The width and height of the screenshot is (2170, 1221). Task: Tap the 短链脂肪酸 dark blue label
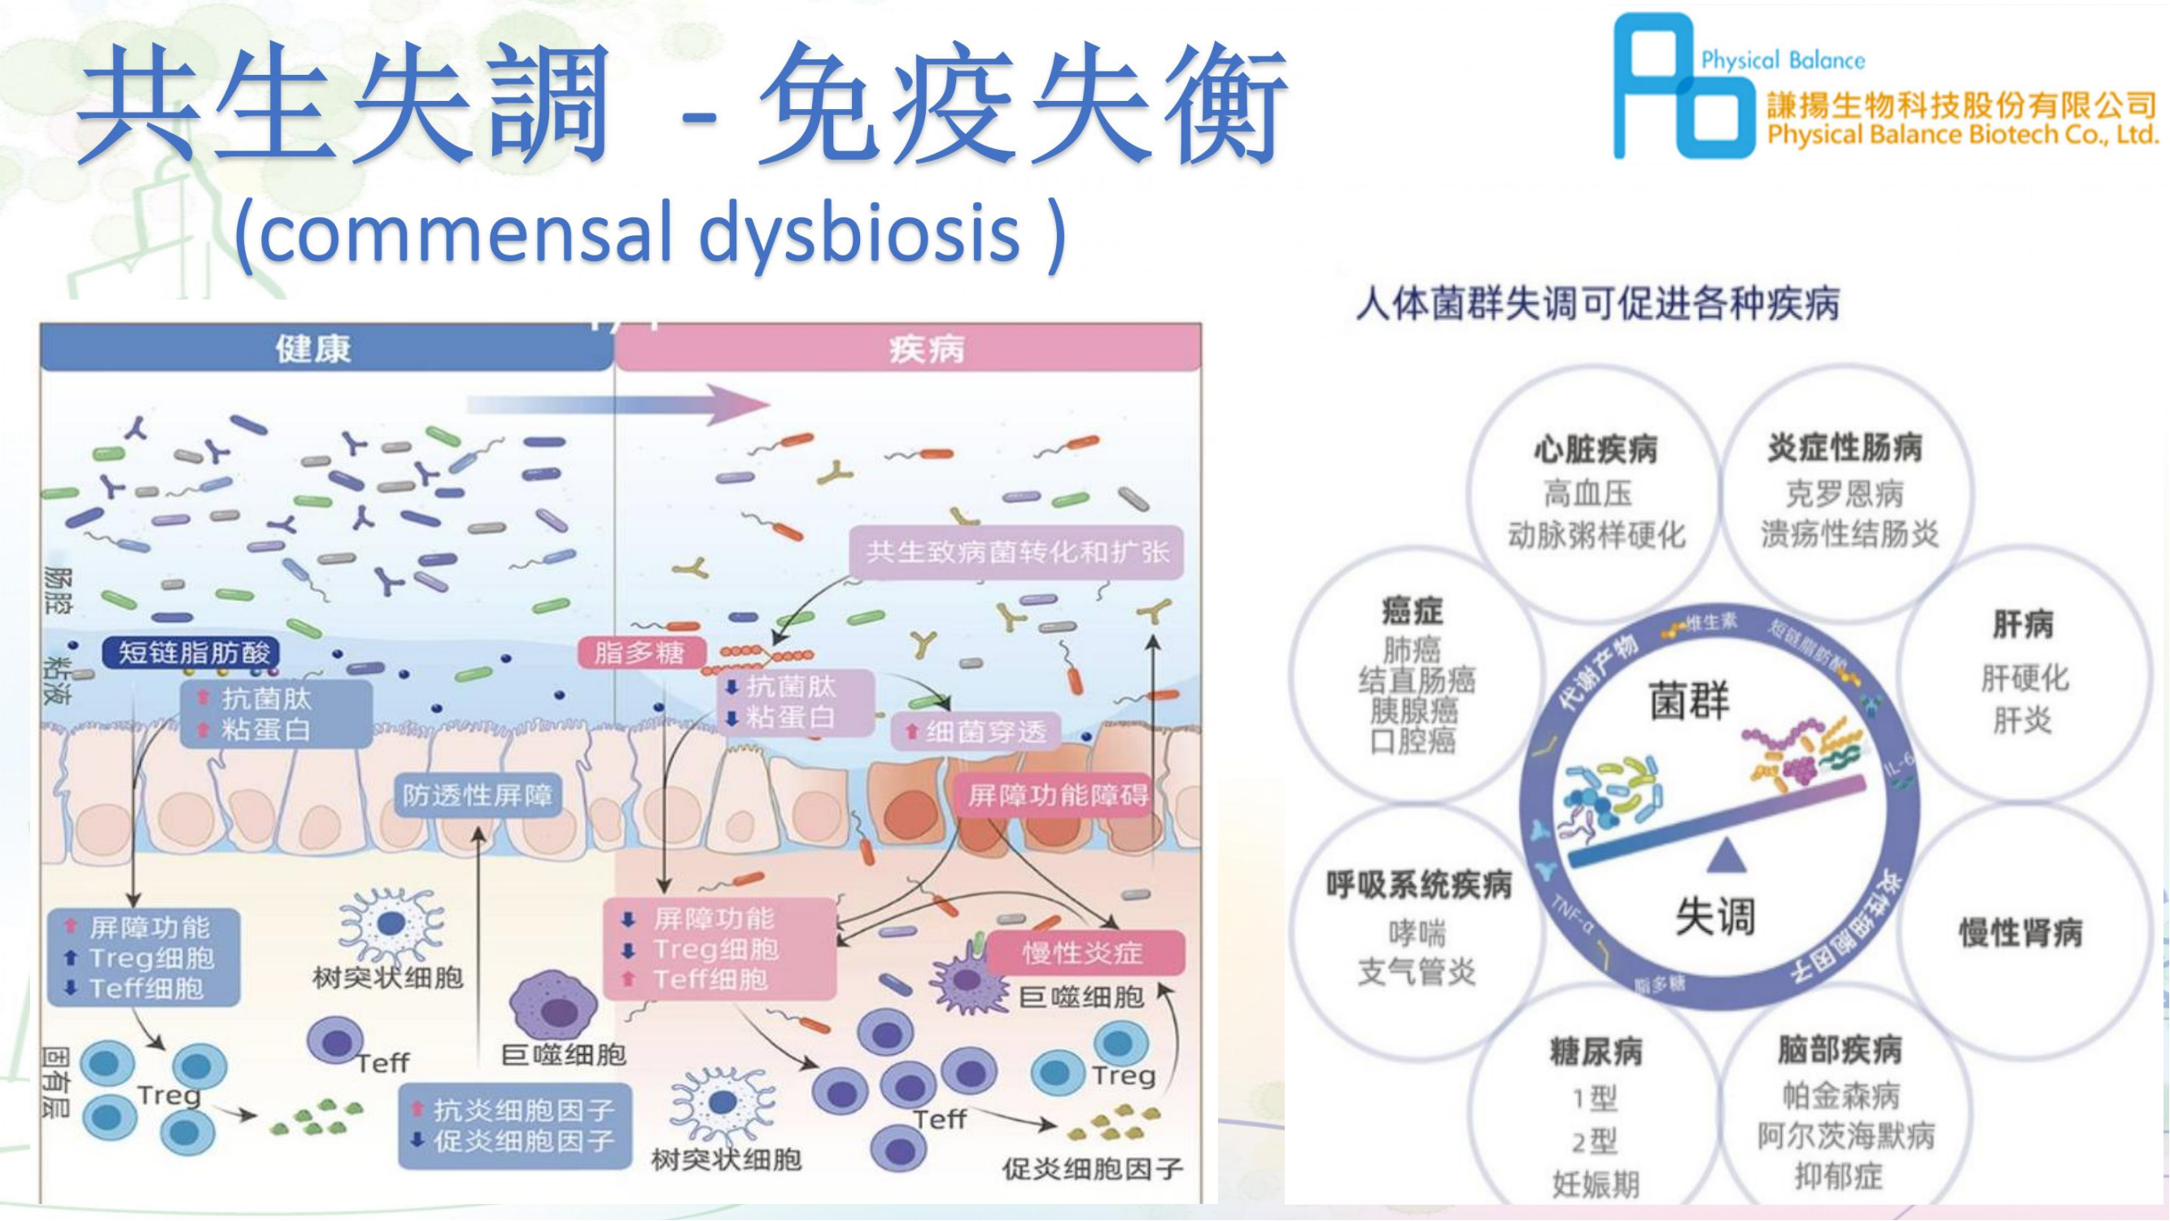click(x=191, y=652)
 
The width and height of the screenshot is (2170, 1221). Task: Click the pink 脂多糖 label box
click(x=640, y=652)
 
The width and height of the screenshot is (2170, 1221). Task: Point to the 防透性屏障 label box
click(x=478, y=795)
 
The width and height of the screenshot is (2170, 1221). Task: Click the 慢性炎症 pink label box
click(x=1084, y=953)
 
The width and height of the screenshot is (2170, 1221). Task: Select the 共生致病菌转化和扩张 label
click(x=1017, y=553)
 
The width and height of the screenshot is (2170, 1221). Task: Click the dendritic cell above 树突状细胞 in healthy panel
click(x=390, y=926)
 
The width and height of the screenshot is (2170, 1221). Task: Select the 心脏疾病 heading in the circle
click(x=1596, y=449)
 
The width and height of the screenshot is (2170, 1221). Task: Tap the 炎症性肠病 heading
click(x=1845, y=448)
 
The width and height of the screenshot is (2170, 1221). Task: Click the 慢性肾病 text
click(x=2021, y=932)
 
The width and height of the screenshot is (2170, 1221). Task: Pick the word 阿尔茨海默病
click(x=1845, y=1135)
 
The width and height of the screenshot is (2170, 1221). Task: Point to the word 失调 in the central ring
click(x=1715, y=915)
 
